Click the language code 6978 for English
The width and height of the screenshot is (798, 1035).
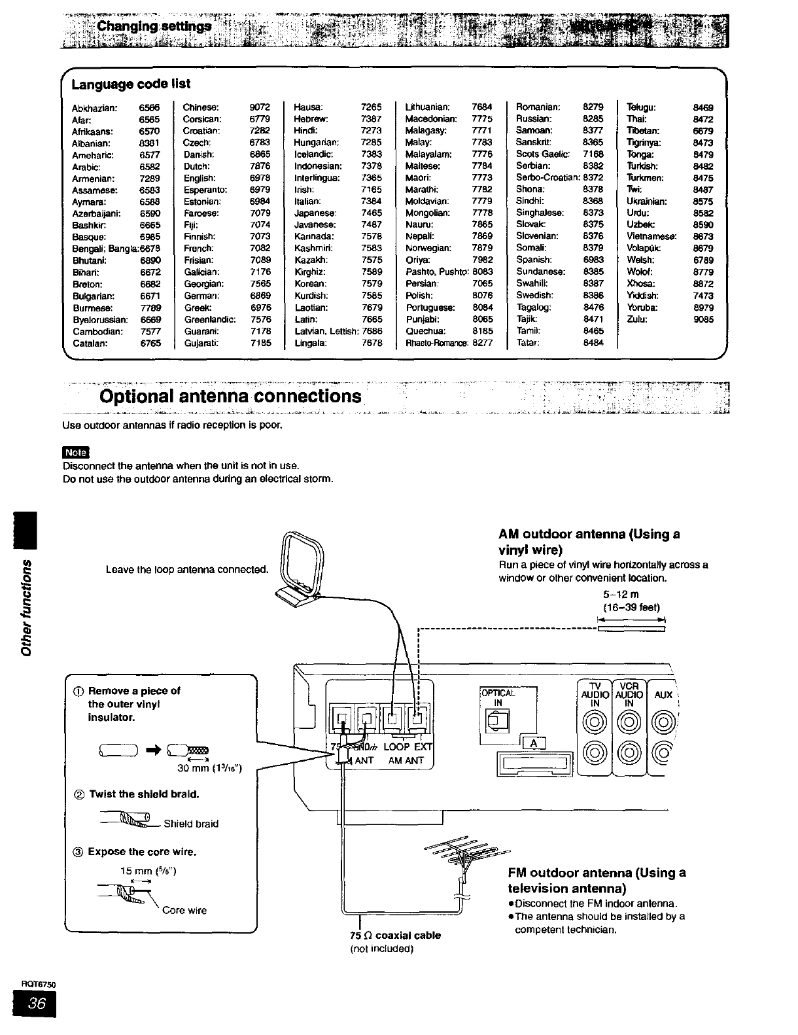coord(260,178)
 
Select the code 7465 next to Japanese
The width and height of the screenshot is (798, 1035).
coord(372,213)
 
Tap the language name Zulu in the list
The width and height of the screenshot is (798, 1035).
coord(636,320)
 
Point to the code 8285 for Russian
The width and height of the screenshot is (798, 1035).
coord(593,119)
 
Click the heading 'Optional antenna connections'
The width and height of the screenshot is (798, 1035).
coord(230,396)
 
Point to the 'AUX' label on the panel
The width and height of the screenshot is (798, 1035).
coord(663,695)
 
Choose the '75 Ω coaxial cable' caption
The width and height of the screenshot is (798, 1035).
coord(396,935)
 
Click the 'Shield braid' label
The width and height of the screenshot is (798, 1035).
coord(191,824)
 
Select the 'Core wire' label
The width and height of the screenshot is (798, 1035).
coord(184,910)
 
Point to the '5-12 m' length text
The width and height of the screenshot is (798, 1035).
coord(621,594)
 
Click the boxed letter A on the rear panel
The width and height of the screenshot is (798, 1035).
coord(534,743)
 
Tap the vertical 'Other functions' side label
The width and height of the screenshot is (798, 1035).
coord(26,608)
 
